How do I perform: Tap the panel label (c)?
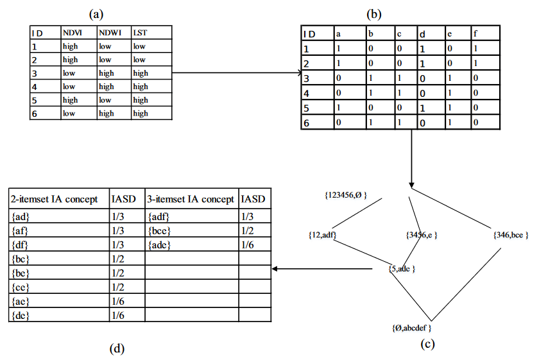[427, 344]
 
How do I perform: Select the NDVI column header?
[73, 32]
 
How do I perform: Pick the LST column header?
[140, 32]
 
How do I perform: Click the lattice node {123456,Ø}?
[346, 194]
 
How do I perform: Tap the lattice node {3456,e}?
[422, 235]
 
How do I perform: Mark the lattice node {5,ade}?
[402, 268]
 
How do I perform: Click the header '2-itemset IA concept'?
[55, 200]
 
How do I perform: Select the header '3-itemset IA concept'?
[191, 200]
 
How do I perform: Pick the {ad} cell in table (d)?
[21, 216]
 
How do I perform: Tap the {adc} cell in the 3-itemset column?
[158, 244]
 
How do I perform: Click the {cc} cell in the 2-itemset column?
[21, 287]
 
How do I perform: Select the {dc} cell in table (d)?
[21, 315]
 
